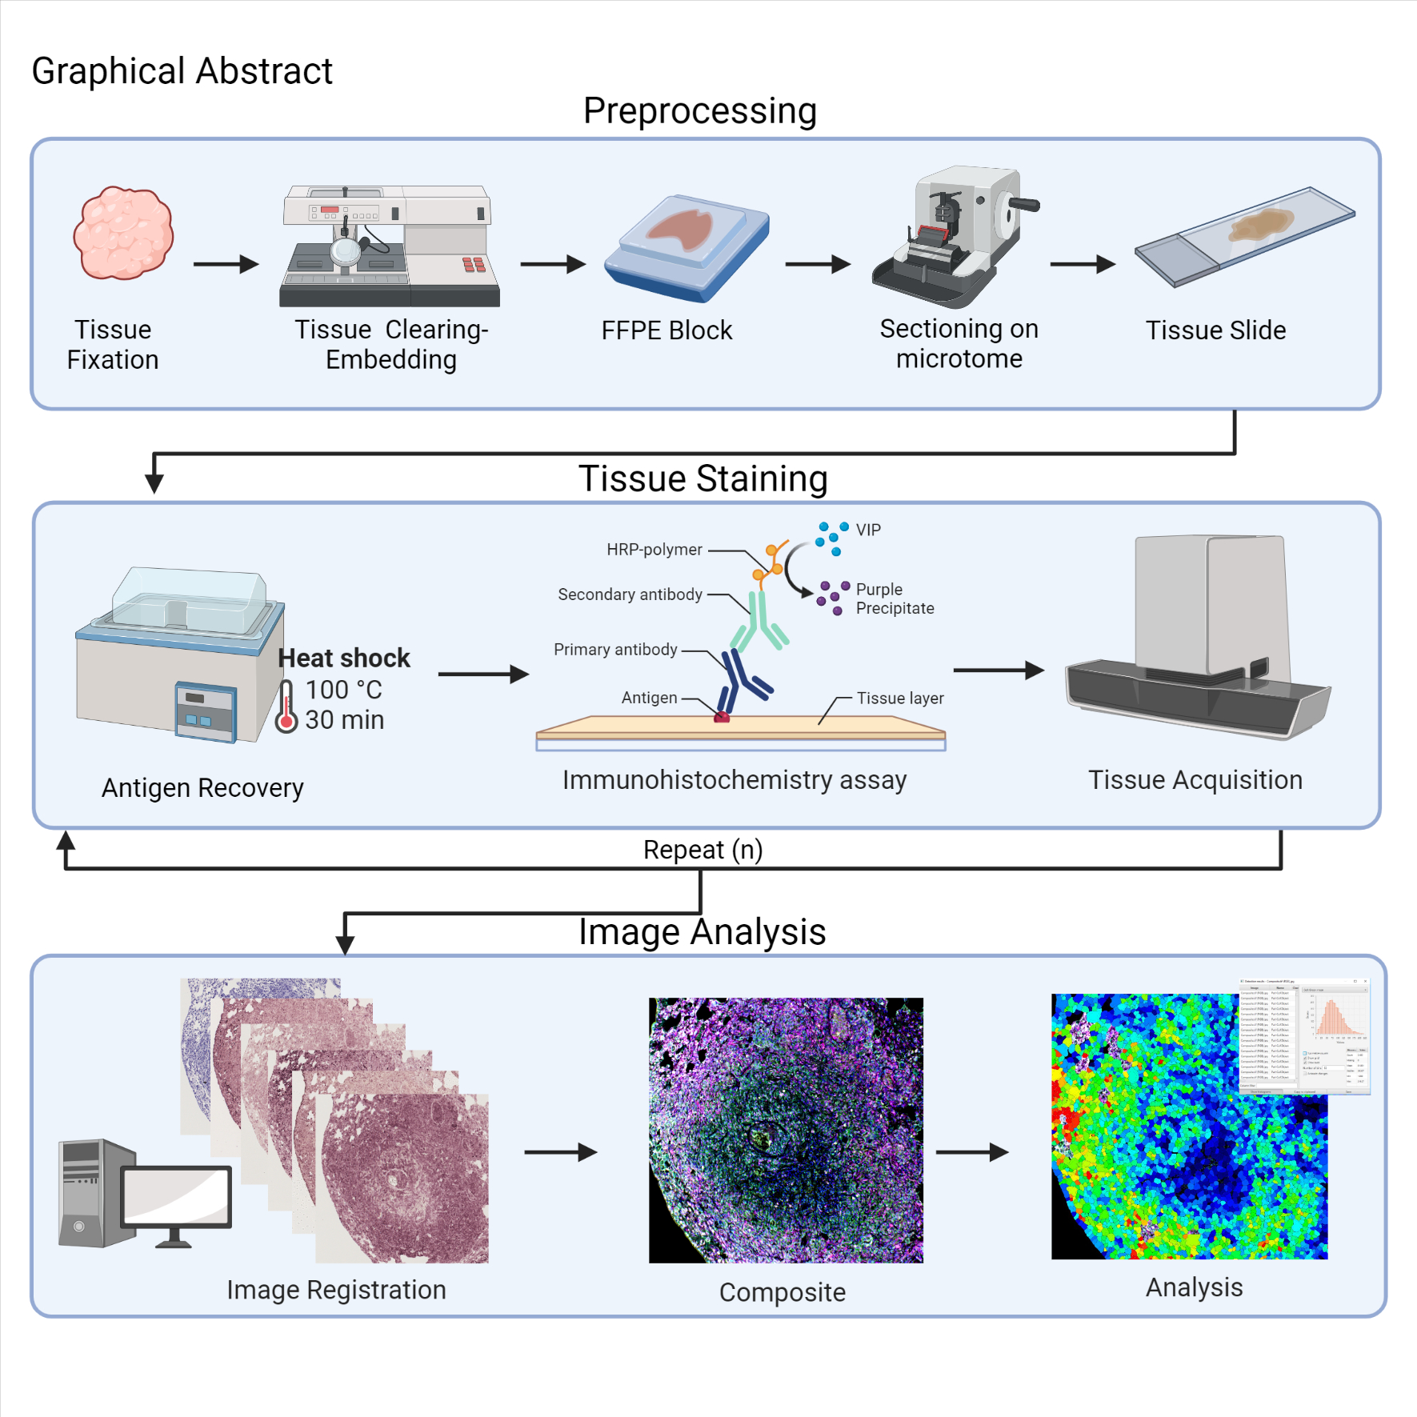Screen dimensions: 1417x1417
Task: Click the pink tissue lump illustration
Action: point(123,233)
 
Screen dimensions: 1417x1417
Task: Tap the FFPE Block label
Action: point(666,330)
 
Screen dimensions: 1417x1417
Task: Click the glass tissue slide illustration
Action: point(1245,235)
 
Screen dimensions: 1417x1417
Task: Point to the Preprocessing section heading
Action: point(699,111)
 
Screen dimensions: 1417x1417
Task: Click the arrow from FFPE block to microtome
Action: point(817,264)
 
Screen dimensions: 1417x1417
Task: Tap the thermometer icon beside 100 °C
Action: point(286,706)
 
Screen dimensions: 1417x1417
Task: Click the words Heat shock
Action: point(344,658)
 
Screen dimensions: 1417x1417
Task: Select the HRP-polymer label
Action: point(654,550)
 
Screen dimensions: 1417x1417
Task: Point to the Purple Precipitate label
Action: point(894,598)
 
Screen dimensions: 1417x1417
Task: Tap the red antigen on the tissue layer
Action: point(722,717)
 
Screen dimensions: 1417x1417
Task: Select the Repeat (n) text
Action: point(702,849)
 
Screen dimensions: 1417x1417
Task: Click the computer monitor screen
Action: point(177,1195)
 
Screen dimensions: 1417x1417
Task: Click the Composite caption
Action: point(782,1292)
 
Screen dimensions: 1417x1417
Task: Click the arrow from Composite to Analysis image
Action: point(971,1152)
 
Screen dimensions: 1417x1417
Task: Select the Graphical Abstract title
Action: point(182,71)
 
